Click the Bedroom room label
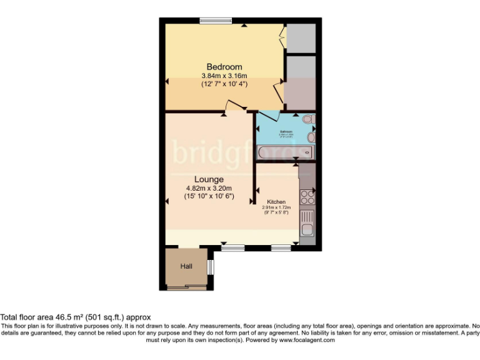coord(224,67)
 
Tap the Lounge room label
coord(209,179)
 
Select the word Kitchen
coord(276,202)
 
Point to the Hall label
coord(186,266)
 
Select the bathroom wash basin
coord(311,136)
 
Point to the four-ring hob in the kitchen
coord(307,197)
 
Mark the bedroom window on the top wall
coord(216,21)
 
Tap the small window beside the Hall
coord(211,267)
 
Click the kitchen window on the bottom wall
coord(281,248)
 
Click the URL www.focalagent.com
coord(307,340)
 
